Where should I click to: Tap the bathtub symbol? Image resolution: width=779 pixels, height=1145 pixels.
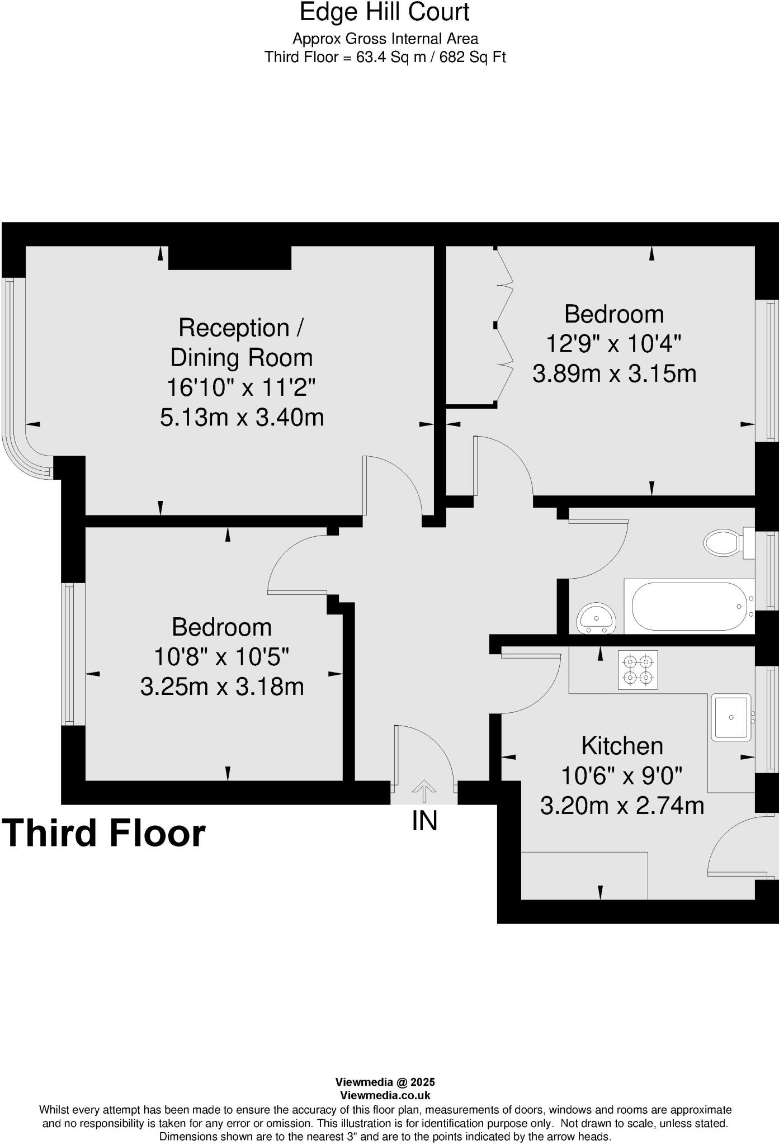(x=690, y=607)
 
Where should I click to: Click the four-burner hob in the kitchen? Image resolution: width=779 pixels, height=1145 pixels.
(x=638, y=670)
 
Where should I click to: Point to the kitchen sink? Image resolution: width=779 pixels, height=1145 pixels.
(x=731, y=717)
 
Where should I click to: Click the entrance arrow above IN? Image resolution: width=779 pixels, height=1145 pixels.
(x=424, y=791)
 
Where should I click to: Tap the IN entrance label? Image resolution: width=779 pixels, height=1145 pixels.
(x=424, y=821)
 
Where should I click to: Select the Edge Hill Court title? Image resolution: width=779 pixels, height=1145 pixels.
(x=385, y=12)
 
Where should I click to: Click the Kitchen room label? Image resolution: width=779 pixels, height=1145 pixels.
(x=622, y=746)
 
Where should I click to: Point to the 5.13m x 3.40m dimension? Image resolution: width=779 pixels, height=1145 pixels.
(x=242, y=417)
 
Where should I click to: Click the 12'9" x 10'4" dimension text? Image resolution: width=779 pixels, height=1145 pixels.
(x=613, y=343)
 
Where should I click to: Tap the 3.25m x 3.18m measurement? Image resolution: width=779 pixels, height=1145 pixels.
(x=222, y=687)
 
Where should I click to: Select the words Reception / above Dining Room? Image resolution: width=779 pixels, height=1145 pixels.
(x=241, y=328)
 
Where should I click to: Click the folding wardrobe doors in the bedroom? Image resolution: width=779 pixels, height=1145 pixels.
(x=504, y=324)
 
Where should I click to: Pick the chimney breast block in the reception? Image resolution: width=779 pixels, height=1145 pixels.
(x=230, y=258)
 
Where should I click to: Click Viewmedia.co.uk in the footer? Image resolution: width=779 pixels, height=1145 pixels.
(x=385, y=1096)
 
